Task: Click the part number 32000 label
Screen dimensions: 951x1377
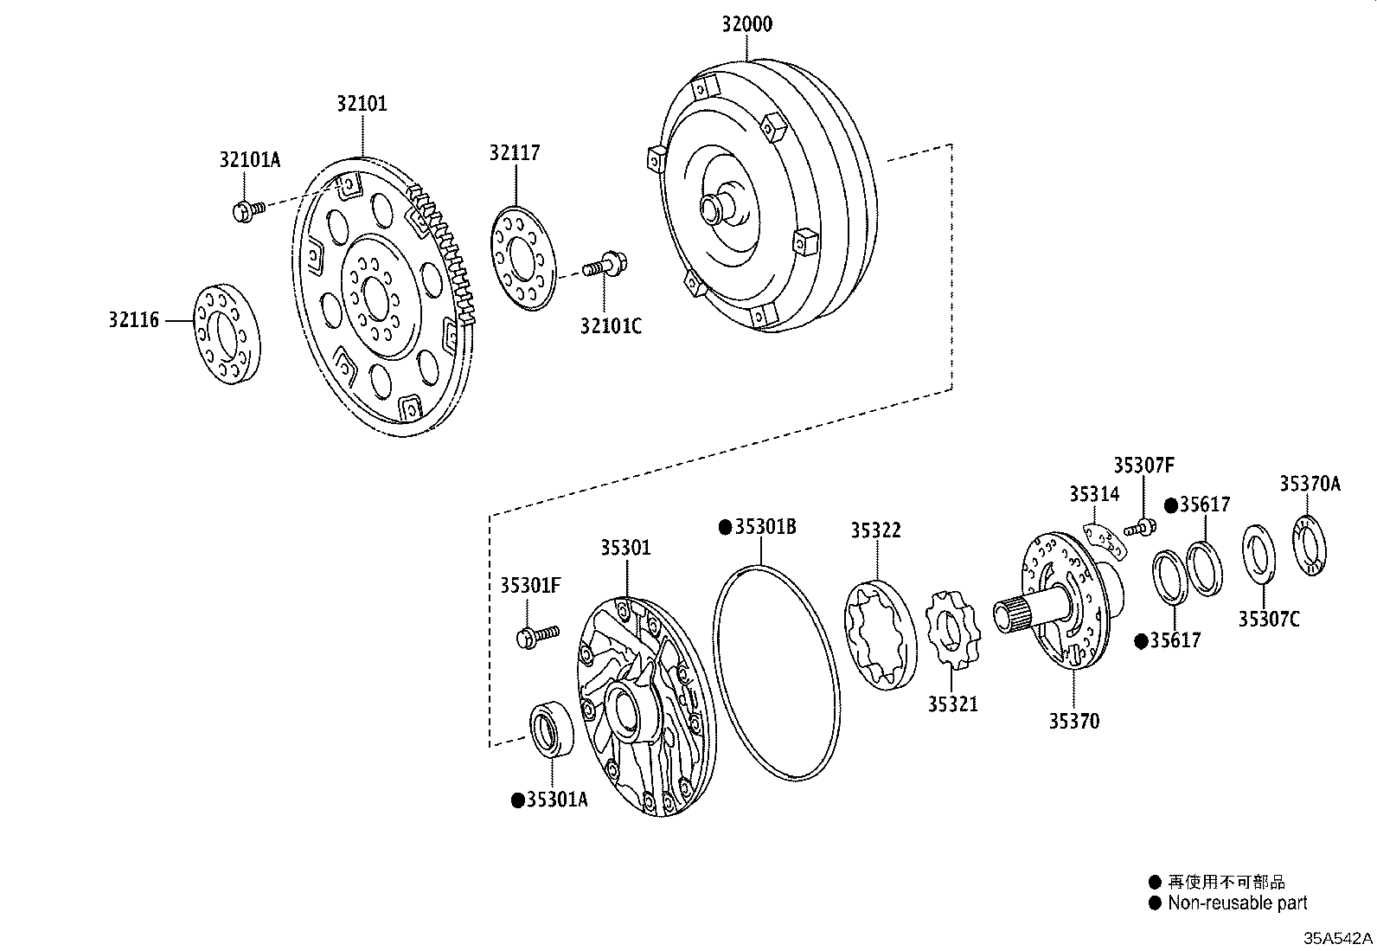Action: (747, 24)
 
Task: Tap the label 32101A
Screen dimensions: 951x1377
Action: (250, 159)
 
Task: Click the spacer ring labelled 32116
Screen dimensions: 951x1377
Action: (226, 332)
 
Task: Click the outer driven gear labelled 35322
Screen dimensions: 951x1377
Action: (879, 636)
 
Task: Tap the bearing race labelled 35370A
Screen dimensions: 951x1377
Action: (1311, 544)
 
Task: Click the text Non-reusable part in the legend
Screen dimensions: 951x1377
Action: (1237, 903)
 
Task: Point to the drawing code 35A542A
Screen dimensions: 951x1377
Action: (1337, 938)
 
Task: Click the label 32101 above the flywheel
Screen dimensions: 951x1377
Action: (362, 105)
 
